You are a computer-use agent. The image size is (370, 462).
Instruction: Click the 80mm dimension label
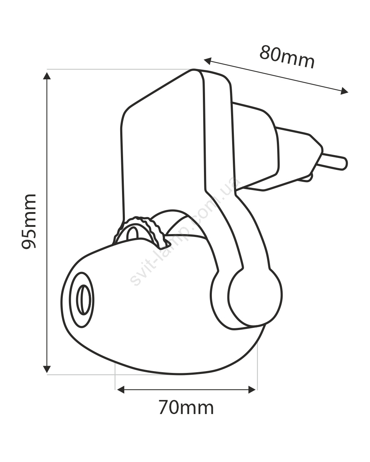tap(287, 57)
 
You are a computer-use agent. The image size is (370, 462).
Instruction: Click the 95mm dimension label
tap(29, 221)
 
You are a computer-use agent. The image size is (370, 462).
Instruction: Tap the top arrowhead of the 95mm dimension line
tap(47, 76)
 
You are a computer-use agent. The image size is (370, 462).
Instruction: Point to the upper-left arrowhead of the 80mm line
tap(208, 61)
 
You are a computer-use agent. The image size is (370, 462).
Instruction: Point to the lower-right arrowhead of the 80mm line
tap(344, 91)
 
